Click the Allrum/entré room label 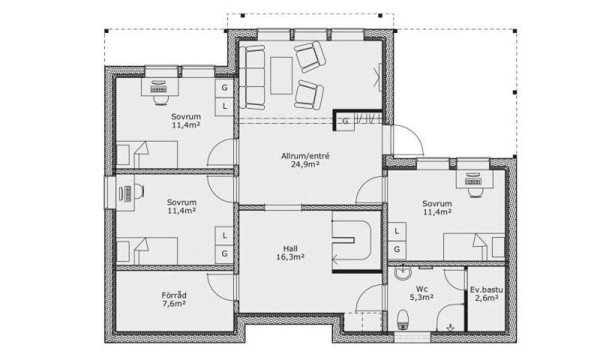point(305,156)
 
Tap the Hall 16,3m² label point(290,253)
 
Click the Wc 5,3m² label point(421,292)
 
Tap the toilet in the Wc point(403,319)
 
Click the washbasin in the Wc point(403,273)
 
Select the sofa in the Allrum point(252,77)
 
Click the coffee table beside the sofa point(281,75)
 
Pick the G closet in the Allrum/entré point(345,121)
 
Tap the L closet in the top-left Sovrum point(224,106)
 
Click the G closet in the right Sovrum point(397,250)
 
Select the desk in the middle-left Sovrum point(124,193)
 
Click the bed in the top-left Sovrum point(147,154)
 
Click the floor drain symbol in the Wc point(451,327)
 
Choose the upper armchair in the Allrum point(310,57)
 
